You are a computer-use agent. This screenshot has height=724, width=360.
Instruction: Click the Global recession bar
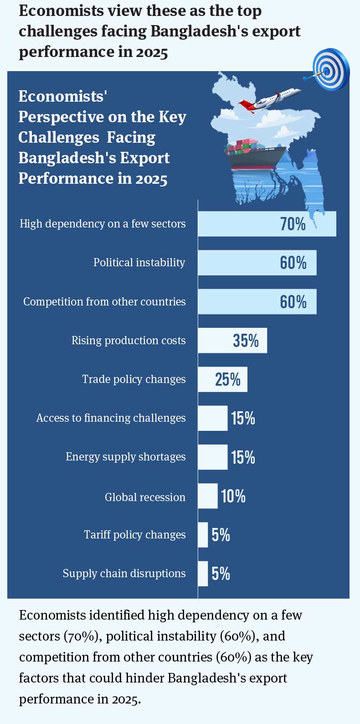click(x=208, y=496)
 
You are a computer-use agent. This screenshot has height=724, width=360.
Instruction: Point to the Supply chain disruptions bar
click(x=203, y=574)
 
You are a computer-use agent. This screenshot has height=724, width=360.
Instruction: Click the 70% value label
click(x=293, y=224)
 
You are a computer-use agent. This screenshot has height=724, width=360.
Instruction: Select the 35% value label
click(x=246, y=341)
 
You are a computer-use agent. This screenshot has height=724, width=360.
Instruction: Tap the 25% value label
click(x=228, y=379)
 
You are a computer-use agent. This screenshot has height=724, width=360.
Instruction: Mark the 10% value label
click(x=233, y=496)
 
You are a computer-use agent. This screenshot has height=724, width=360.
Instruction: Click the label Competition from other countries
click(x=104, y=302)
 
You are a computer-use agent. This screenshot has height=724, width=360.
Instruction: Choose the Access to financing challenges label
click(x=111, y=418)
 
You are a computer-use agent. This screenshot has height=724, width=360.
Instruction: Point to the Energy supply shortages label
click(x=125, y=457)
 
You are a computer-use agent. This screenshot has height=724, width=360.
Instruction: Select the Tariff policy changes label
click(x=134, y=535)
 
